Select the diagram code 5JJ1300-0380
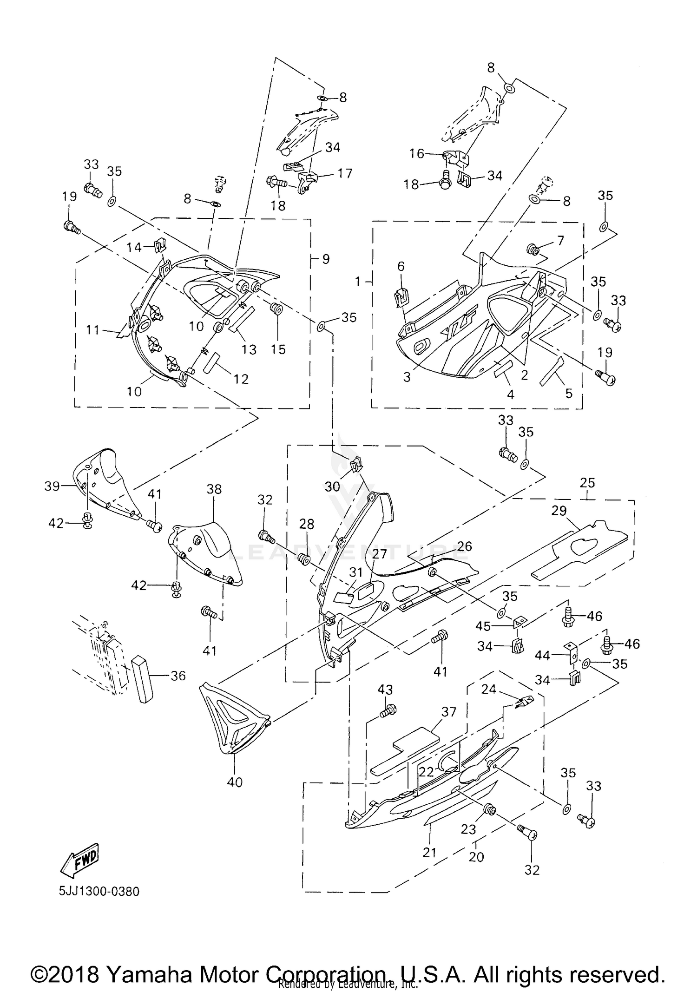coord(99,892)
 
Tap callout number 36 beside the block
coord(178,676)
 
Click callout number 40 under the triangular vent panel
coord(235,782)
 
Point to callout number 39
coord(52,486)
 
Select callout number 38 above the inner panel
coord(214,489)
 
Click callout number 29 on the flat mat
coord(559,510)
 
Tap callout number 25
coord(587,483)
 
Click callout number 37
coord(449,712)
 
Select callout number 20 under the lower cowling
coord(476,857)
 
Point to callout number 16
coord(417,153)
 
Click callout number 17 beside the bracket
coord(345,173)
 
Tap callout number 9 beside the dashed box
coord(326,259)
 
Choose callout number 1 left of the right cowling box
coord(358,281)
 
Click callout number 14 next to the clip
coord(134,247)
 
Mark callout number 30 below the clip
coord(332,486)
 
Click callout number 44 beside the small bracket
coord(542,656)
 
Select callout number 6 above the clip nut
coord(401,266)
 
